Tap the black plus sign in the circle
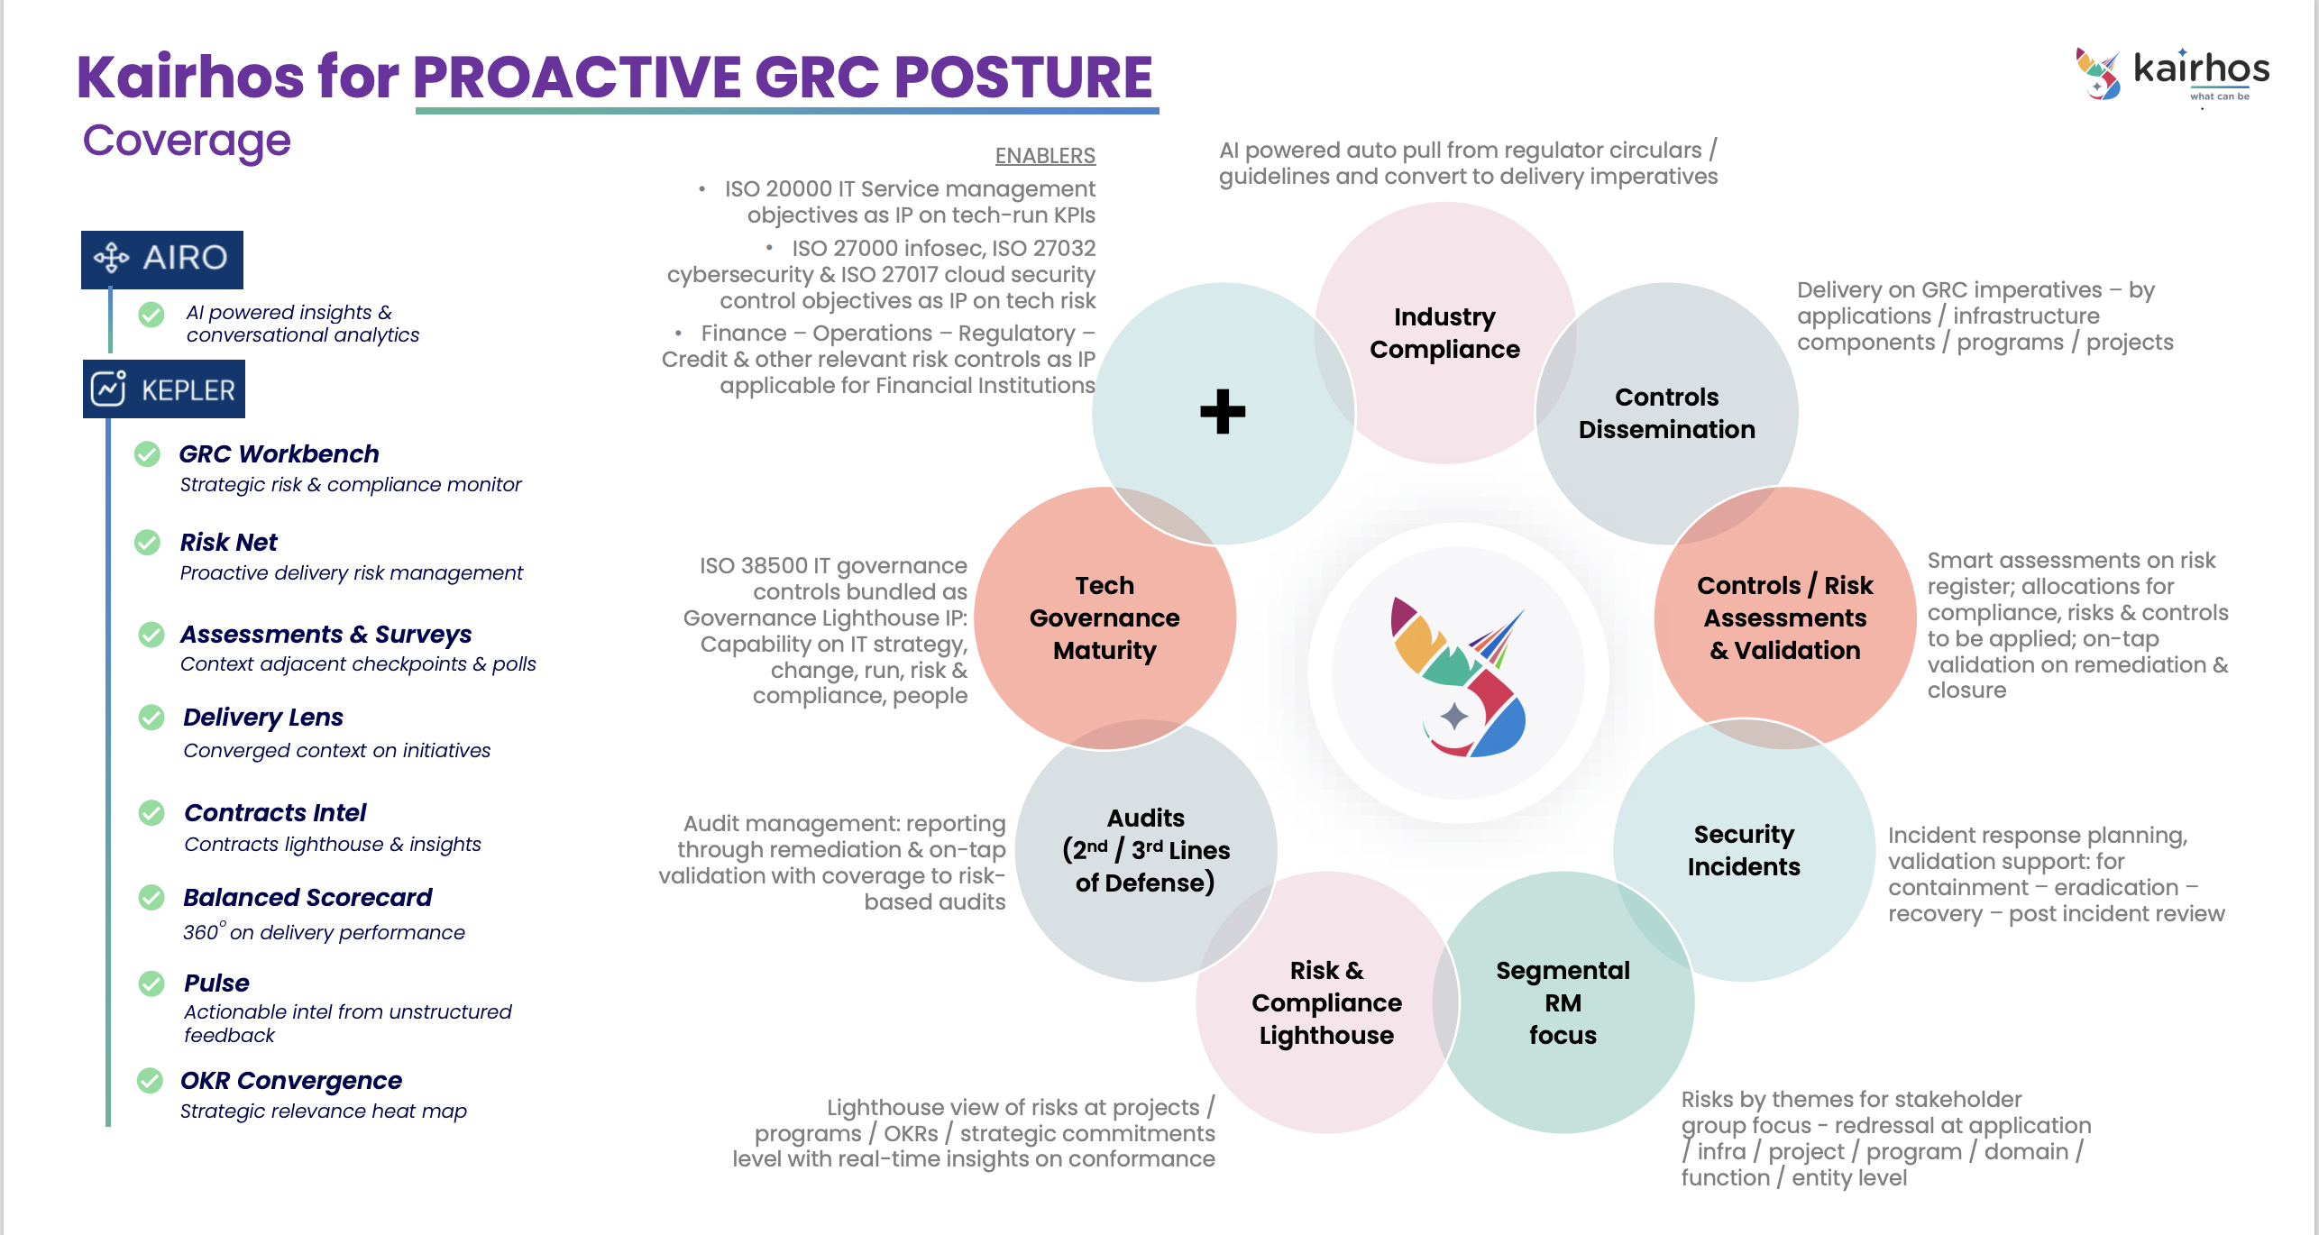click(1223, 412)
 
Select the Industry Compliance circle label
click(1444, 333)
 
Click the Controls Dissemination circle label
click(1666, 413)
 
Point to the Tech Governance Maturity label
click(1105, 617)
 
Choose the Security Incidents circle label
click(1744, 850)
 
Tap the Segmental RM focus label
click(1563, 1002)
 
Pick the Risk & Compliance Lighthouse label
click(1326, 1002)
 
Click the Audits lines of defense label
click(1146, 850)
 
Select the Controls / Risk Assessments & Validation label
click(1784, 617)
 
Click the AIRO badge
click(162, 259)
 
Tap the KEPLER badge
click(164, 389)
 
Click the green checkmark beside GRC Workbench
click(147, 454)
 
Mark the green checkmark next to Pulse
click(151, 983)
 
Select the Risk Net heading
click(228, 542)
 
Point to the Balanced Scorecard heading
click(307, 897)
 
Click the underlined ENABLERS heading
click(1045, 156)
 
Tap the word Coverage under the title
click(187, 141)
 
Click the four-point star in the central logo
click(1454, 717)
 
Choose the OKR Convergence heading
click(290, 1080)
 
